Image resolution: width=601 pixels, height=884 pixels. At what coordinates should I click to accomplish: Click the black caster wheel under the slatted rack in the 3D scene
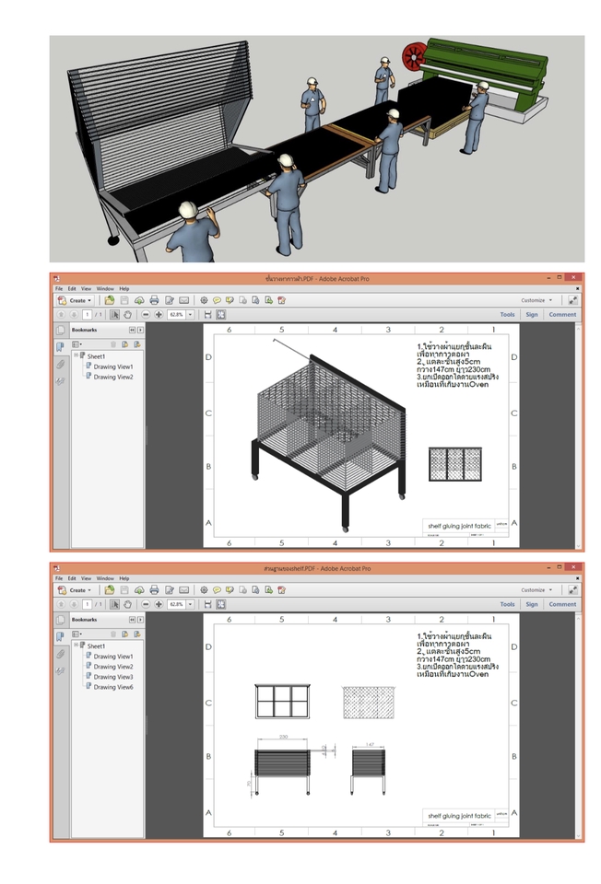[113, 240]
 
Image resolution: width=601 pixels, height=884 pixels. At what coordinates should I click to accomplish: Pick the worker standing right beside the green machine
[476, 115]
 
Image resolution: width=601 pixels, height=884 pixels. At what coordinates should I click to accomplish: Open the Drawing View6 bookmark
[112, 687]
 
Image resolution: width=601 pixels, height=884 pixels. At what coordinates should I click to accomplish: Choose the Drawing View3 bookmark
[112, 677]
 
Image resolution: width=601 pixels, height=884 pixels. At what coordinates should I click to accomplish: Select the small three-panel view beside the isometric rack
[454, 464]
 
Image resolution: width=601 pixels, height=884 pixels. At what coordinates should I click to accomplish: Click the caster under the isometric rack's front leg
[346, 529]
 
